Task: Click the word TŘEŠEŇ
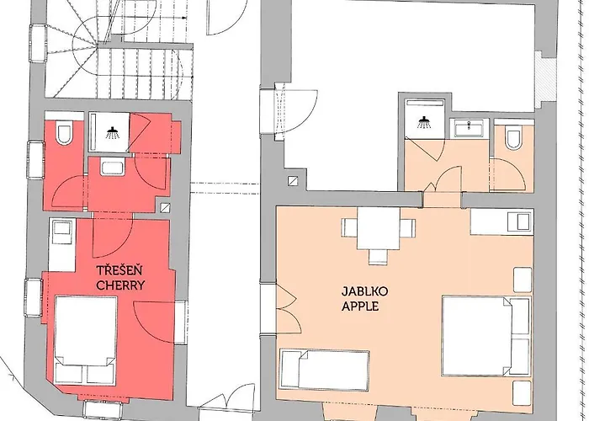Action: tap(119, 270)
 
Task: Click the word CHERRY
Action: tap(120, 285)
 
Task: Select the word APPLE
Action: tap(360, 306)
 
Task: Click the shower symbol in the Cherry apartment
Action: tap(112, 133)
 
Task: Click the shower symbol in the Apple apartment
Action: tap(424, 122)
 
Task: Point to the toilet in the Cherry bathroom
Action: tap(64, 134)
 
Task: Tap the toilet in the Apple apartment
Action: tap(513, 137)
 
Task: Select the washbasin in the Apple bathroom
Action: tap(470, 128)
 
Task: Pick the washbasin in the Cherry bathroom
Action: tap(112, 168)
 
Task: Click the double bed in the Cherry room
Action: tap(86, 339)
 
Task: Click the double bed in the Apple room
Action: tap(486, 336)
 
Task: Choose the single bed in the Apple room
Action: tap(325, 369)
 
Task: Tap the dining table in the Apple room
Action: tap(379, 228)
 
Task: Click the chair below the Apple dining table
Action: tap(378, 256)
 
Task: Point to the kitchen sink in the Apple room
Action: tap(520, 221)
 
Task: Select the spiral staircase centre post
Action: tap(98, 45)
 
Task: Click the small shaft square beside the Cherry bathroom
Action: tap(165, 207)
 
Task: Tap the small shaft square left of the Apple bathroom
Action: tap(293, 181)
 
